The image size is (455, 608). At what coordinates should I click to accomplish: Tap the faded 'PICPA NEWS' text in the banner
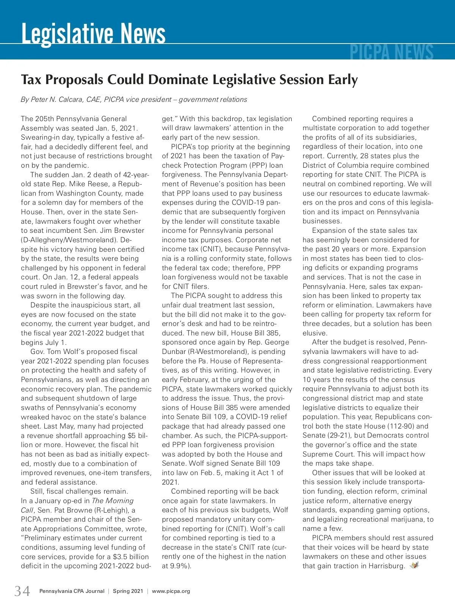click(x=391, y=53)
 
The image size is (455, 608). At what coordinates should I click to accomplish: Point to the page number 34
click(x=22, y=591)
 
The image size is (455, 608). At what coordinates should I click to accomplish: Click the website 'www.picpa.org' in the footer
click(x=171, y=591)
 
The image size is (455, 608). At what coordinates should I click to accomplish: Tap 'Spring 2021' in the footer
click(x=128, y=591)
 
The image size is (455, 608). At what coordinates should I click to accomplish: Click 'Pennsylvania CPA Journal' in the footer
click(x=72, y=591)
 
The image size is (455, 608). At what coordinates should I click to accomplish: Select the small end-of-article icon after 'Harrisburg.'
click(x=414, y=566)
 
